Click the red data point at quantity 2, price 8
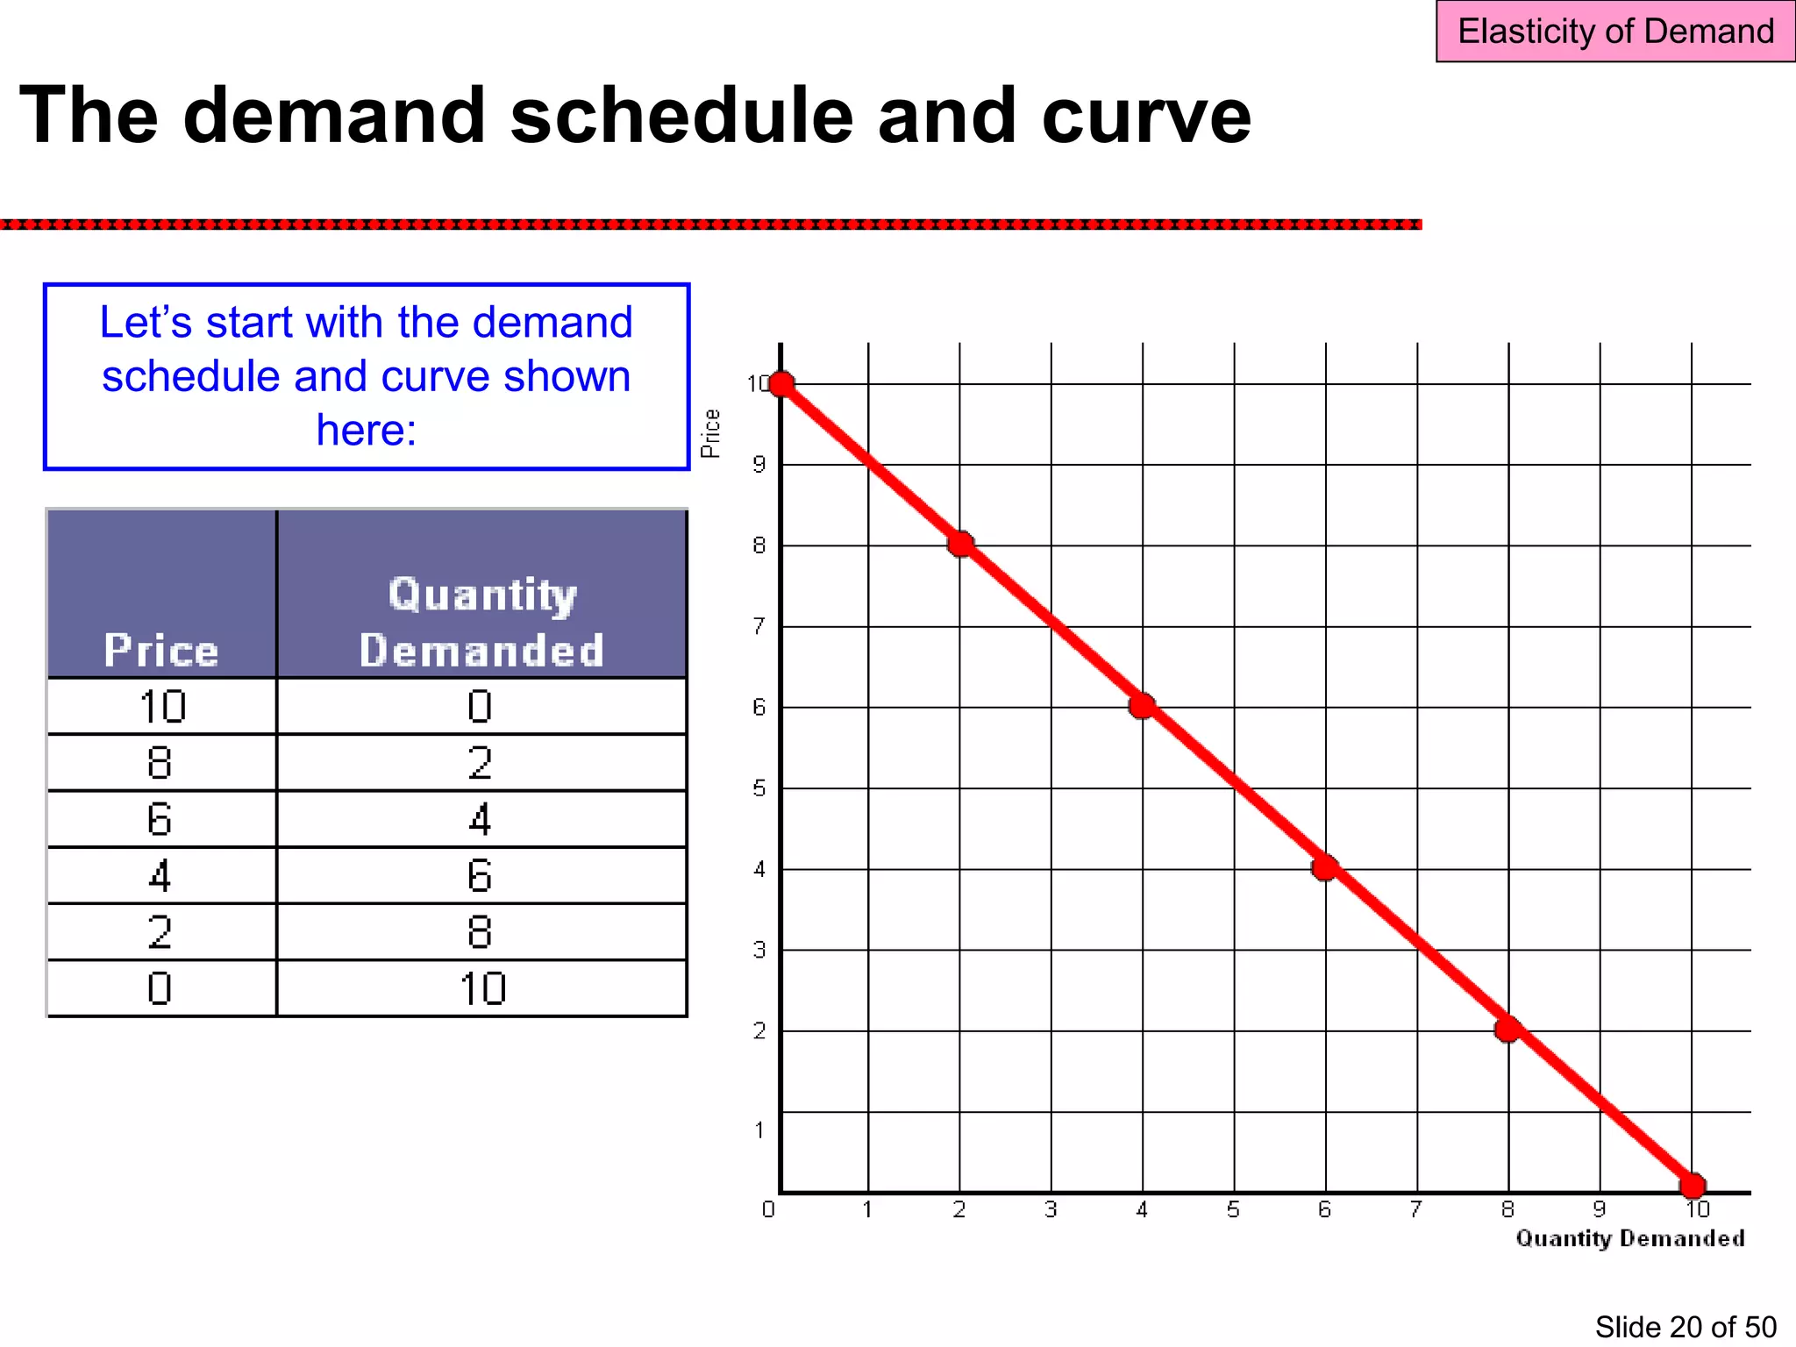[x=961, y=545]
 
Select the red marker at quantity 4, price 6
[x=1142, y=706]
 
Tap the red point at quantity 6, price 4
[x=1325, y=868]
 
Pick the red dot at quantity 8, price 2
[x=1508, y=1030]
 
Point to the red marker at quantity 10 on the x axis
[x=1693, y=1186]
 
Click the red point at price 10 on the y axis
[x=781, y=384]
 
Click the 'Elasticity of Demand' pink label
[x=1615, y=32]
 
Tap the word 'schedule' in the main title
[x=681, y=116]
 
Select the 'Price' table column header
[x=161, y=650]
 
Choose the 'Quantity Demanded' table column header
[x=481, y=622]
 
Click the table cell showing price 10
[x=162, y=707]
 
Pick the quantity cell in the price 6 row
[x=480, y=819]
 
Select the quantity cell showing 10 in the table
[x=482, y=988]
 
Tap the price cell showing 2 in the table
[x=160, y=931]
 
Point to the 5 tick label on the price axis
[x=759, y=788]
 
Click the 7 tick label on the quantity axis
[x=1416, y=1210]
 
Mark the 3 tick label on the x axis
[x=1051, y=1210]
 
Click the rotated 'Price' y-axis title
[x=710, y=433]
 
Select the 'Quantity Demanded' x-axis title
[x=1629, y=1238]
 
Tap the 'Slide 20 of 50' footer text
[x=1685, y=1327]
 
